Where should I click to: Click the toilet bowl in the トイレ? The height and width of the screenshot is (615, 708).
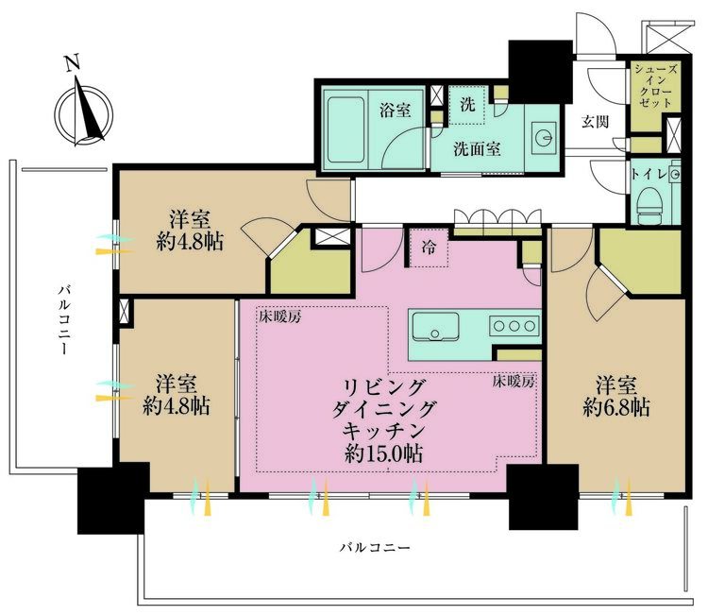click(649, 204)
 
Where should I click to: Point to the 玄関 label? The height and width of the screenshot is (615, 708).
click(595, 121)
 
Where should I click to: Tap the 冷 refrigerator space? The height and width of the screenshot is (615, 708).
click(430, 250)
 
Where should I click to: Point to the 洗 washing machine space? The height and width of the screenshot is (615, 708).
click(467, 103)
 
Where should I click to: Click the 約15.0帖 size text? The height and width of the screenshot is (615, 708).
click(383, 453)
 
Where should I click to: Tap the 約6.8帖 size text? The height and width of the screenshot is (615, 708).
click(622, 408)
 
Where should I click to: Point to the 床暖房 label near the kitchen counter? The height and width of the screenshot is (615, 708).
click(514, 383)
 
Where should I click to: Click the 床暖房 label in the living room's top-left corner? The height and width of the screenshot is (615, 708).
click(280, 317)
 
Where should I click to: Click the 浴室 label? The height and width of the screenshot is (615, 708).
click(395, 110)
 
